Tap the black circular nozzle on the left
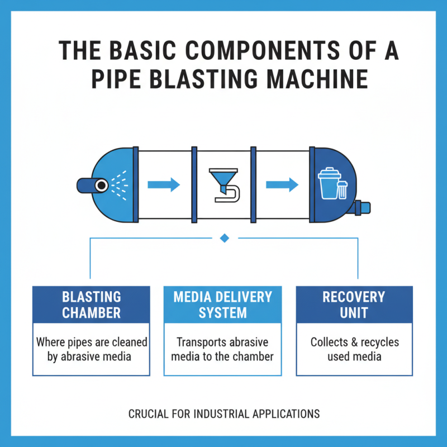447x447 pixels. pos(101,184)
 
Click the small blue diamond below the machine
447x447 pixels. pos(225,238)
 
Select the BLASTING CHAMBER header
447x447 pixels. pos(91,305)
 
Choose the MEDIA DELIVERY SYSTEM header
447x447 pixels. pos(223,305)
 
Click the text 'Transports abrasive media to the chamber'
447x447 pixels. pos(223,349)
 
